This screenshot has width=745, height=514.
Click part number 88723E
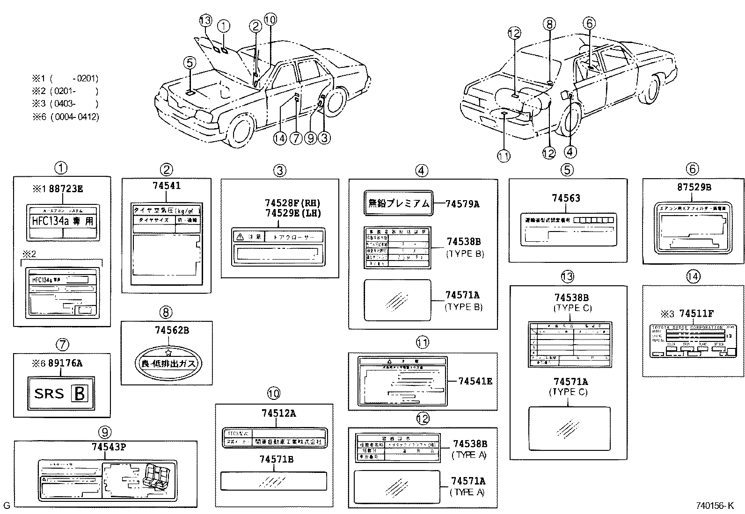click(66, 189)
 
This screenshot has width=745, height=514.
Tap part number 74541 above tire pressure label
click(167, 186)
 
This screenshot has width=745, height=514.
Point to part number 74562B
click(172, 330)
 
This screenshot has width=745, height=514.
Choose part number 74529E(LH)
click(293, 213)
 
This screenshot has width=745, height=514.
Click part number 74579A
click(462, 204)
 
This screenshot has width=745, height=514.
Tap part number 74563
click(566, 198)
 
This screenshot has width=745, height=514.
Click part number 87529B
click(694, 187)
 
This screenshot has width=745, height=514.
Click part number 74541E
click(475, 381)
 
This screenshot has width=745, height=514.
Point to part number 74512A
click(278, 413)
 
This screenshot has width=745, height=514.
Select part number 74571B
click(277, 460)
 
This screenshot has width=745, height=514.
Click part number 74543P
click(109, 447)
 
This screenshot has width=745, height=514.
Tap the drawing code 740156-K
click(715, 506)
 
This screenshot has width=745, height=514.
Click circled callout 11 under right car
click(504, 156)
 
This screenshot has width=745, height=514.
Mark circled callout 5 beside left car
click(189, 62)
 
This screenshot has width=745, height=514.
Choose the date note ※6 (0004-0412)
click(65, 117)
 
